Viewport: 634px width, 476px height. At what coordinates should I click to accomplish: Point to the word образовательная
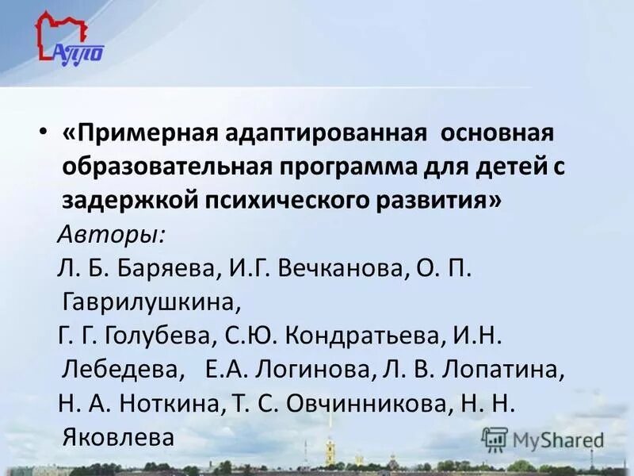pyautogui.click(x=166, y=167)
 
